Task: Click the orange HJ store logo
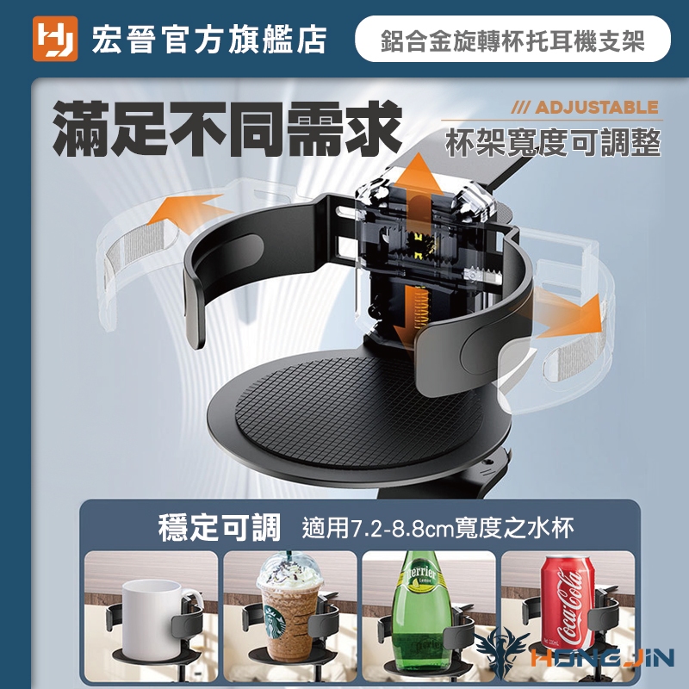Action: (x=55, y=39)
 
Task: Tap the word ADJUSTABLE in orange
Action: (x=596, y=108)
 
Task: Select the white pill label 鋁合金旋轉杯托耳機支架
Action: (x=512, y=39)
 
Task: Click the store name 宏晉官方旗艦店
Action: (x=208, y=40)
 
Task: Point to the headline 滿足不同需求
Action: (x=227, y=128)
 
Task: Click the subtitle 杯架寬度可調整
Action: (x=553, y=143)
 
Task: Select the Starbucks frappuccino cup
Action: (x=290, y=609)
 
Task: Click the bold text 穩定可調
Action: (x=220, y=527)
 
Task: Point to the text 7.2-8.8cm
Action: (x=402, y=528)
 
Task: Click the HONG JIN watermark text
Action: (x=602, y=657)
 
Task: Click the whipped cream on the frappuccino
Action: (x=290, y=571)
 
